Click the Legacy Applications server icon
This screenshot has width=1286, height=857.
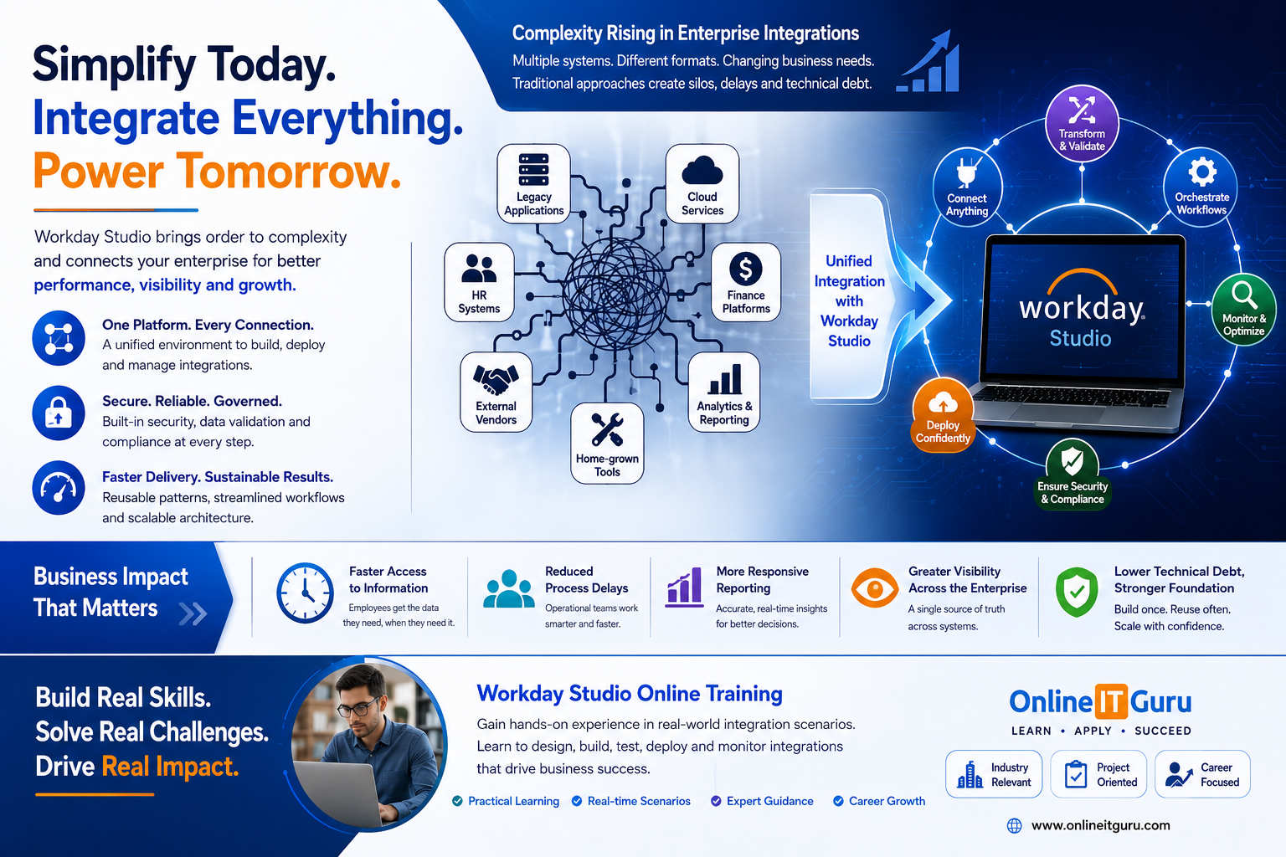[x=533, y=170]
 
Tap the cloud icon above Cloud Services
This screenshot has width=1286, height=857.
[x=702, y=170]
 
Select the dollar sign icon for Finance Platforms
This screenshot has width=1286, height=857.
[x=746, y=269]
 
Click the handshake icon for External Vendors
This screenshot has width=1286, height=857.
[x=496, y=379]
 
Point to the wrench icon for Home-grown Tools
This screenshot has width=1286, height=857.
[x=607, y=429]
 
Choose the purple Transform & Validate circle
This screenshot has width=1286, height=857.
[x=1082, y=123]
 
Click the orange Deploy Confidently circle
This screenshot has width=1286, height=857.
[x=943, y=415]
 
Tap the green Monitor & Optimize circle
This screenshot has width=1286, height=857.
[x=1244, y=310]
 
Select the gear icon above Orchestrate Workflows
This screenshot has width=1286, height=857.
[x=1202, y=172]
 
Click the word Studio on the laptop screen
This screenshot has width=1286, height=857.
[x=1081, y=339]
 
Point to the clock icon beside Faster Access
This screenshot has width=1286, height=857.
[x=305, y=593]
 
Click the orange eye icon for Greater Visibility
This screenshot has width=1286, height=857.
[x=874, y=588]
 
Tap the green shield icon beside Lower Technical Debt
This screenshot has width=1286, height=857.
[x=1077, y=592]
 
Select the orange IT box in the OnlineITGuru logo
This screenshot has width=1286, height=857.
[x=1111, y=701]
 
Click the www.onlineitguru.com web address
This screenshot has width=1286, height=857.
[x=1100, y=825]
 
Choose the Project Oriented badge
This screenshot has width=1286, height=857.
[x=1098, y=774]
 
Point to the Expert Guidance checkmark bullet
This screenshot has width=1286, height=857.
[x=716, y=801]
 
